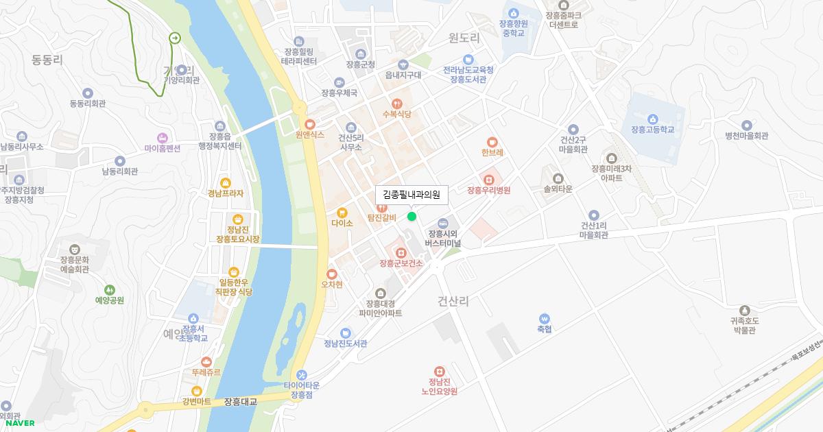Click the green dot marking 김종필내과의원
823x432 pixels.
pyautogui.click(x=411, y=217)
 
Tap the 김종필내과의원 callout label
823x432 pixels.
pyautogui.click(x=411, y=195)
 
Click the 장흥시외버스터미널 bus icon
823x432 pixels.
pyautogui.click(x=443, y=223)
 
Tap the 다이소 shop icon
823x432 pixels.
pyautogui.click(x=342, y=212)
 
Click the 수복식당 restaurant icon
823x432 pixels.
pyautogui.click(x=396, y=104)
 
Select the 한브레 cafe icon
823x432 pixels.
pyautogui.click(x=492, y=142)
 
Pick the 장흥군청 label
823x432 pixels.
pyautogui.click(x=361, y=64)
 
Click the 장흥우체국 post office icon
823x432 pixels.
pyautogui.click(x=339, y=82)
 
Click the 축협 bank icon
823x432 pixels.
pyautogui.click(x=545, y=318)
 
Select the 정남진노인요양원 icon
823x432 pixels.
pyautogui.click(x=439, y=371)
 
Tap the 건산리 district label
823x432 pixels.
pyautogui.click(x=453, y=301)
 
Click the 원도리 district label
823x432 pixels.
pyautogui.click(x=464, y=38)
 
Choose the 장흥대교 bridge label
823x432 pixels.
pyautogui.click(x=240, y=402)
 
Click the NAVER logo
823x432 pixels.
pyautogui.click(x=21, y=423)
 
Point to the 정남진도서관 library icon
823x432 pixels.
pyautogui.click(x=346, y=333)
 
